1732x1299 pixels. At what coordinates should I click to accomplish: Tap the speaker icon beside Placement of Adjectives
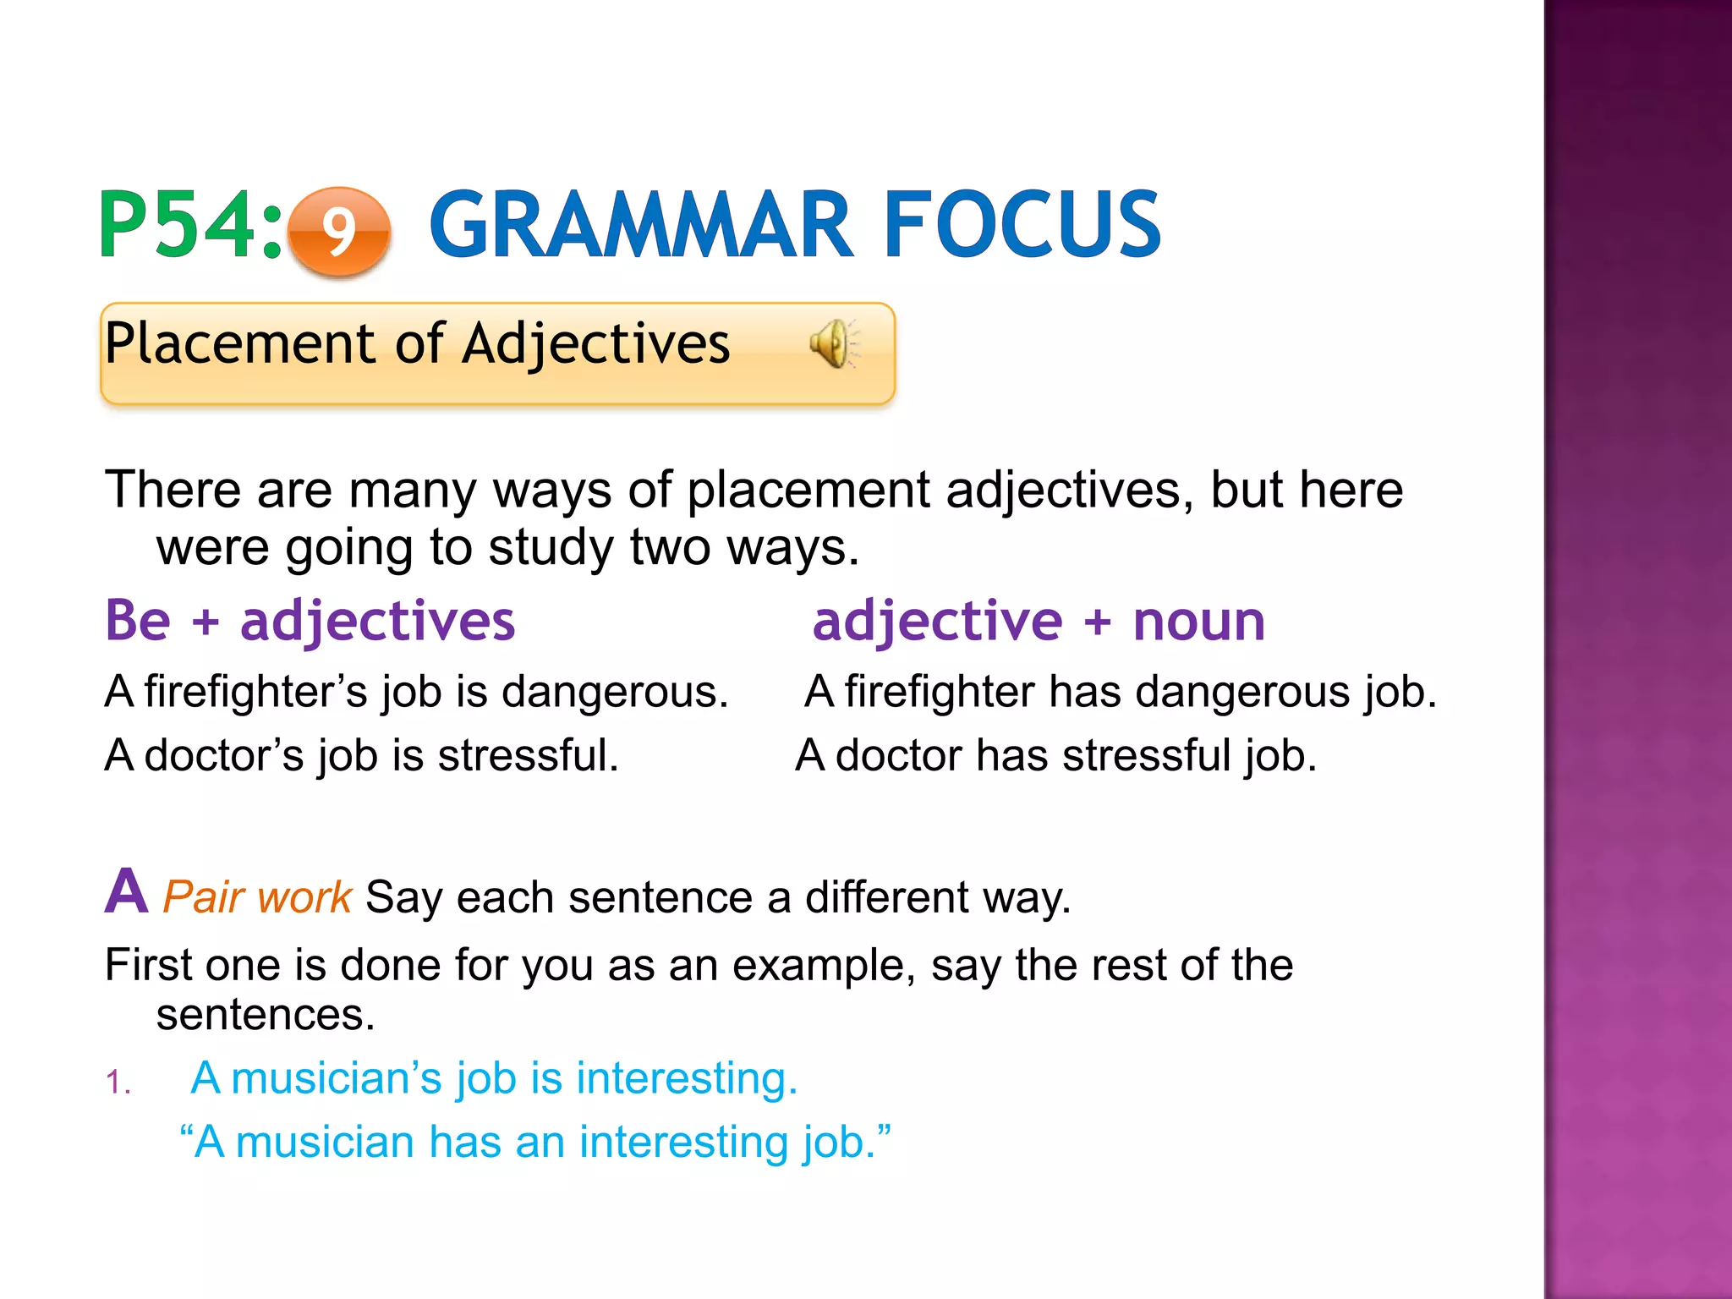pyautogui.click(x=834, y=344)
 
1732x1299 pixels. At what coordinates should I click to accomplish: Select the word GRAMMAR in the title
pyautogui.click(x=641, y=225)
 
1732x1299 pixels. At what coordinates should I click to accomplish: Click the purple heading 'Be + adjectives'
pyautogui.click(x=310, y=621)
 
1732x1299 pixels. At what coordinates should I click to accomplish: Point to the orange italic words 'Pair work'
pyautogui.click(x=256, y=896)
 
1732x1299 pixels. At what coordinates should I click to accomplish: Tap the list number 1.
pyautogui.click(x=118, y=1082)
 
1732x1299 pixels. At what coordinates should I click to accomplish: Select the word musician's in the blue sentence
pyautogui.click(x=337, y=1078)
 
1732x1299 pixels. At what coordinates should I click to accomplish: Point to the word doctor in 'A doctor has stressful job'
pyautogui.click(x=898, y=754)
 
